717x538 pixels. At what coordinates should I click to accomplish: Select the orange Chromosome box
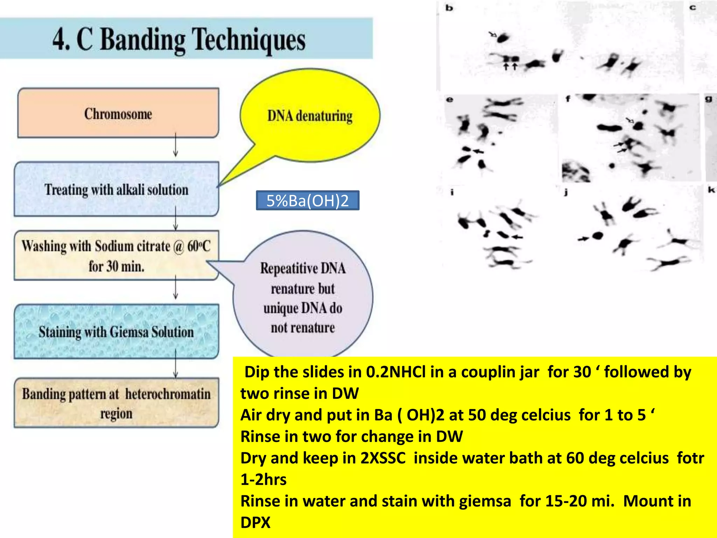coord(118,113)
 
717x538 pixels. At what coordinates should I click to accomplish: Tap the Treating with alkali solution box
coord(116,189)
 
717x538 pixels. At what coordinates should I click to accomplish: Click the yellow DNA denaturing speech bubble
coord(310,116)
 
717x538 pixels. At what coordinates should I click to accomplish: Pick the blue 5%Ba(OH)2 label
coord(307,201)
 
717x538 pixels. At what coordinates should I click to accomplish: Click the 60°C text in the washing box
coord(199,246)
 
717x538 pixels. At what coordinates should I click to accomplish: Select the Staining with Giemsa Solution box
coord(116,331)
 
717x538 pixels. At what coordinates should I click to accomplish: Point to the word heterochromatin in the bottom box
coord(168,394)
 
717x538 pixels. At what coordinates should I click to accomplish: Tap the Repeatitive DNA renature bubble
coord(303,298)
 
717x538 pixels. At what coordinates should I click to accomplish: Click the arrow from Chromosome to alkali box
coord(175,145)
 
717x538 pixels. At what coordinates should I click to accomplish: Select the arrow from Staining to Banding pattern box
coord(175,364)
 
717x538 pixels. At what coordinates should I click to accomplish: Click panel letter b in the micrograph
coord(449,8)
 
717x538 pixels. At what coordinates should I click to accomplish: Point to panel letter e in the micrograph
coord(450,99)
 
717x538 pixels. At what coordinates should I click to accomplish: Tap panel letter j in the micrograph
coord(566,192)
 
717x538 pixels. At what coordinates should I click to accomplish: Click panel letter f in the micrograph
coord(568,99)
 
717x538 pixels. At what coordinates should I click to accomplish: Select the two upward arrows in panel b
coord(510,66)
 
